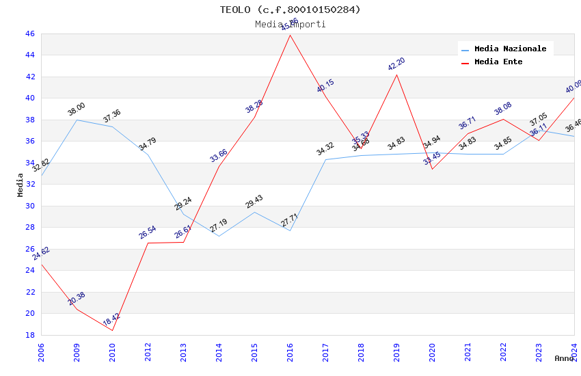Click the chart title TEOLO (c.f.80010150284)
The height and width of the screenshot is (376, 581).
pyautogui.click(x=290, y=10)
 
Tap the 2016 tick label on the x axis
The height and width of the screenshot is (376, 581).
pyautogui.click(x=290, y=351)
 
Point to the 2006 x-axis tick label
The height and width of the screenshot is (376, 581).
pyautogui.click(x=42, y=351)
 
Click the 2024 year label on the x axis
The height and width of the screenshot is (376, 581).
pyautogui.click(x=574, y=351)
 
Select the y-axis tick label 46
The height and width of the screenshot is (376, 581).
pyautogui.click(x=29, y=33)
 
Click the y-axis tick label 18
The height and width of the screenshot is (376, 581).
pyautogui.click(x=29, y=335)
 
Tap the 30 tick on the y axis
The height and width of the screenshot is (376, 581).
pyautogui.click(x=29, y=206)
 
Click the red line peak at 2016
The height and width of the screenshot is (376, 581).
pyautogui.click(x=290, y=35)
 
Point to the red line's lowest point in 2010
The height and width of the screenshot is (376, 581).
pyautogui.click(x=113, y=330)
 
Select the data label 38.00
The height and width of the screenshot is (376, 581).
pyautogui.click(x=77, y=109)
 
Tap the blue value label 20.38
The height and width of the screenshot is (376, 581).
pyautogui.click(x=77, y=299)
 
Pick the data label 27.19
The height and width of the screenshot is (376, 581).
pyautogui.click(x=219, y=226)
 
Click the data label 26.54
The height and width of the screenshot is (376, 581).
pyautogui.click(x=148, y=232)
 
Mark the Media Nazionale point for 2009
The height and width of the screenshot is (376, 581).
pyautogui.click(x=77, y=120)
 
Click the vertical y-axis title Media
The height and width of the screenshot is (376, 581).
pyautogui.click(x=21, y=185)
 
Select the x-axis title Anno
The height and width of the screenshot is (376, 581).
pyautogui.click(x=564, y=358)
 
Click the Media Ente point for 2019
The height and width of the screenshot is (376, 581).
pyautogui.click(x=397, y=75)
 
